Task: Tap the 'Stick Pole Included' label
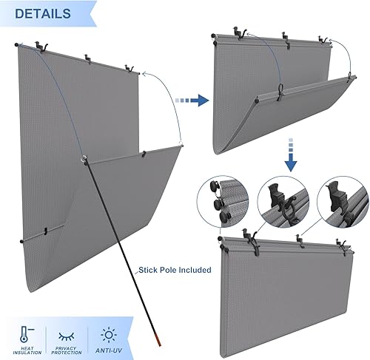(x=175, y=270)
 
